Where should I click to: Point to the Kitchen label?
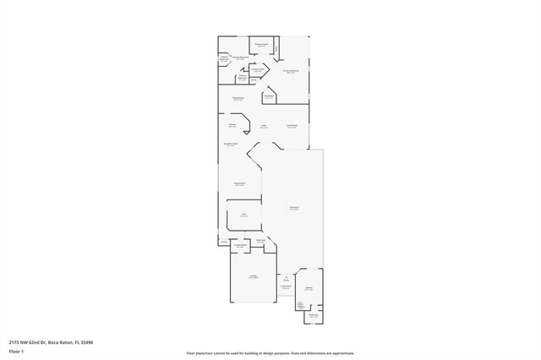(x=232, y=126)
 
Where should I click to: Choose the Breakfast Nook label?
(x=230, y=145)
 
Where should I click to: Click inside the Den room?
(x=244, y=216)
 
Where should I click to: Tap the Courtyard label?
(x=293, y=208)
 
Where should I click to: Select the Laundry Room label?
(x=240, y=245)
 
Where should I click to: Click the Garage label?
(x=254, y=276)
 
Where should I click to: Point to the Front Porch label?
(x=287, y=287)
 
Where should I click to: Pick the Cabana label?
(x=309, y=288)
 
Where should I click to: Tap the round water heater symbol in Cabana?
(x=301, y=303)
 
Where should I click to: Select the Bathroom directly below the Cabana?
(x=313, y=315)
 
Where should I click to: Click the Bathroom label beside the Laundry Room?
(x=262, y=240)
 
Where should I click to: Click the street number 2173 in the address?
(x=14, y=342)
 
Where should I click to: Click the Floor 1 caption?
(x=16, y=351)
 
